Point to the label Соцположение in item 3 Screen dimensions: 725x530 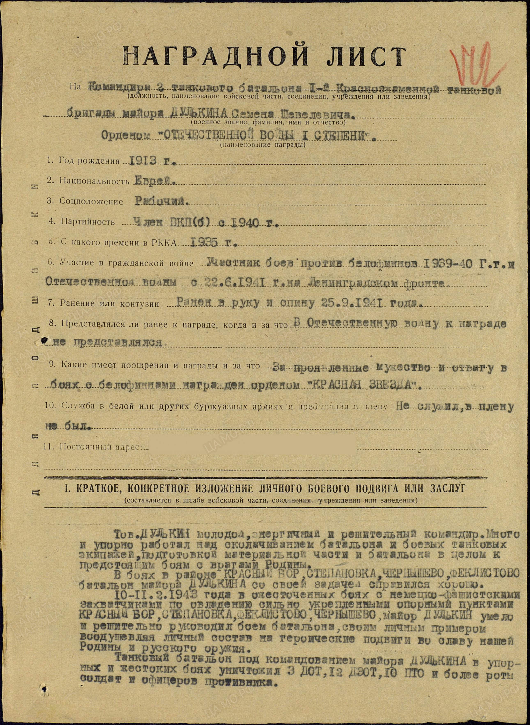pyautogui.click(x=91, y=202)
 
